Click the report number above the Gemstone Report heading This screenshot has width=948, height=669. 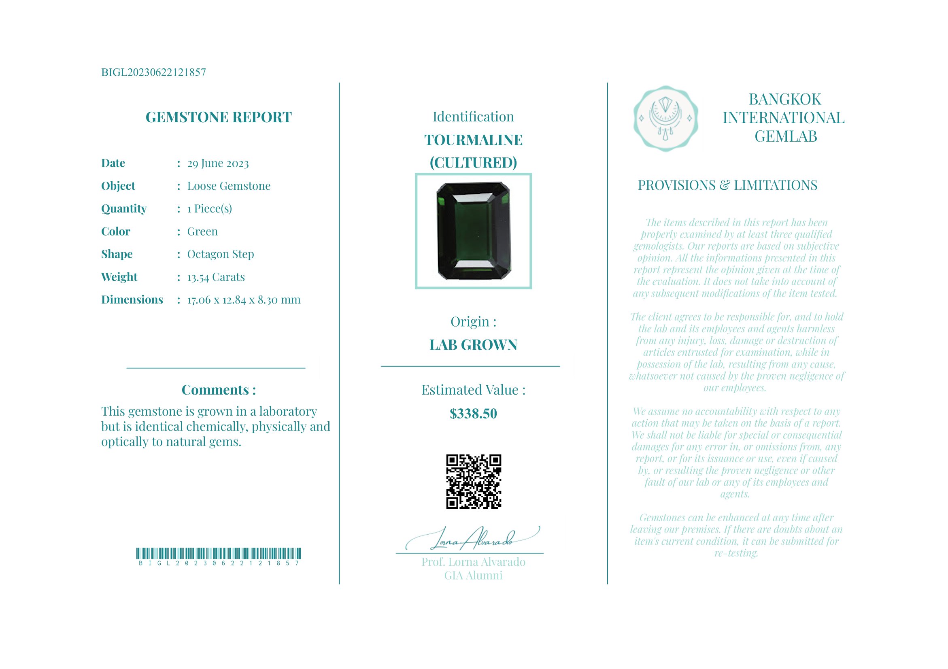click(153, 72)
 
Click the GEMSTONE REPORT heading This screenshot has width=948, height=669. click(219, 117)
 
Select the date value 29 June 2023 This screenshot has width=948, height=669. click(218, 164)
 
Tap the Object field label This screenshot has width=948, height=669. click(118, 186)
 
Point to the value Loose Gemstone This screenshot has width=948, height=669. click(229, 186)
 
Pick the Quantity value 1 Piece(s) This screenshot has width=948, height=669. click(209, 209)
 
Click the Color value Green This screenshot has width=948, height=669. click(202, 231)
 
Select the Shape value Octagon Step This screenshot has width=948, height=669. click(221, 254)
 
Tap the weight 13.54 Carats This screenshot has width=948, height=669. click(215, 277)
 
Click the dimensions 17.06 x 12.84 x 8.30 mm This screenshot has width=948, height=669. click(244, 300)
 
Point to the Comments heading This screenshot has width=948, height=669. click(219, 390)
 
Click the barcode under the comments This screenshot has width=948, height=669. click(218, 553)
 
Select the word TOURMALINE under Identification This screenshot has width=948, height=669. click(473, 140)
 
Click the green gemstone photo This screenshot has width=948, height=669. click(473, 231)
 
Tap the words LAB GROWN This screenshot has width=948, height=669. click(473, 345)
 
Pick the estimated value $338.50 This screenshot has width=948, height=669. click(473, 414)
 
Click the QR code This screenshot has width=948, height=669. click(473, 482)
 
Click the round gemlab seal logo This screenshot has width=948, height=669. click(665, 119)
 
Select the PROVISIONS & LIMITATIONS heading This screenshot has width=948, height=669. click(727, 185)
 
